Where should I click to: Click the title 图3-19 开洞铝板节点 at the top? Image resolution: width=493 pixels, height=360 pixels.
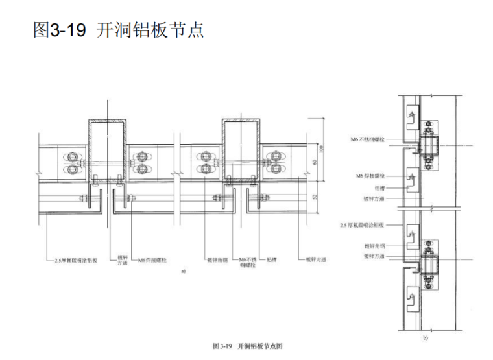pyautogui.click(x=118, y=30)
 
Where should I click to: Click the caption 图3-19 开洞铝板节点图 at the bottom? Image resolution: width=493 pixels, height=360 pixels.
pyautogui.click(x=248, y=348)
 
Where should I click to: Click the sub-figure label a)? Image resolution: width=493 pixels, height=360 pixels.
pyautogui.click(x=184, y=272)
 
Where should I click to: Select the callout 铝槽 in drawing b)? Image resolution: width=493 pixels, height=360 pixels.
pyautogui.click(x=377, y=187)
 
